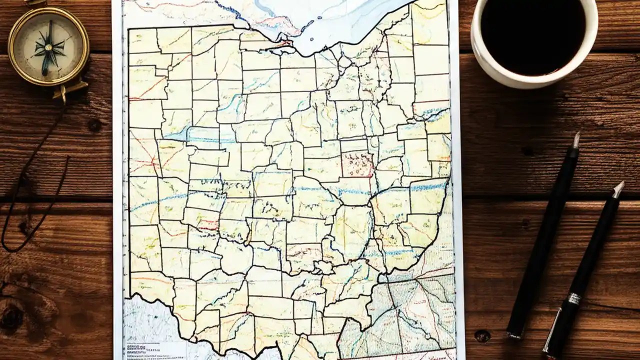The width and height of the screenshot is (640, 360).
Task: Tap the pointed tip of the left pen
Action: click(577, 139)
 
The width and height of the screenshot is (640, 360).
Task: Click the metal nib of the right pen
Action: click(618, 189)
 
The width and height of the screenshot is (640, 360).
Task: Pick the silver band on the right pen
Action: click(574, 298)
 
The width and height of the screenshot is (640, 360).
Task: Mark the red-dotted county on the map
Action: click(357, 164)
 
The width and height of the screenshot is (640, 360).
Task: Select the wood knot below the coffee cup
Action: click(527, 149)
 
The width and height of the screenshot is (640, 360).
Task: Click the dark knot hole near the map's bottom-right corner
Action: click(482, 335)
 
